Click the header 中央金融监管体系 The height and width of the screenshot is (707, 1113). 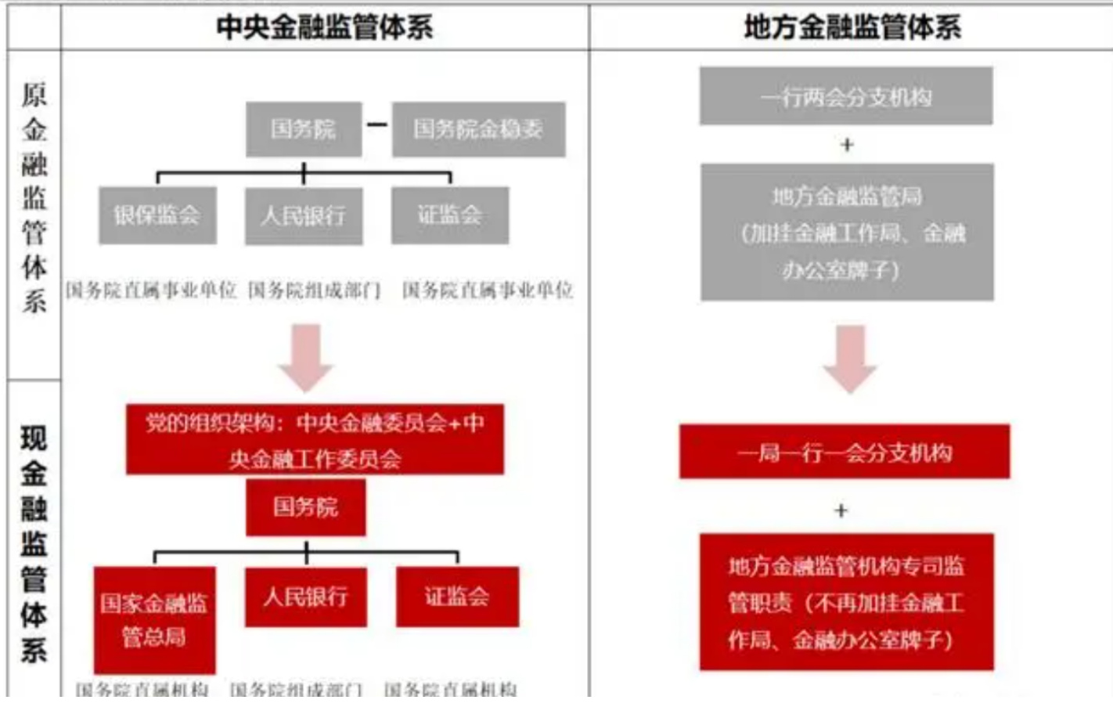(324, 27)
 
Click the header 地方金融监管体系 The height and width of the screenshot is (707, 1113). (852, 27)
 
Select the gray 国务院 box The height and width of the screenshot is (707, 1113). (304, 129)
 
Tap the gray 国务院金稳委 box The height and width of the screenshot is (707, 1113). (478, 129)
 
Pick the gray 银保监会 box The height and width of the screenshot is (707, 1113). (157, 215)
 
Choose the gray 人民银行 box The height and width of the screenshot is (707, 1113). (304, 215)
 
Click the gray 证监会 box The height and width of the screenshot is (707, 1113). (450, 215)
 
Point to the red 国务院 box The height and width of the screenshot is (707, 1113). (305, 507)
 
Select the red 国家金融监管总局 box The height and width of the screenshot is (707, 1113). (154, 619)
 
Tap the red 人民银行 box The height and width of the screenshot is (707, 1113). (305, 597)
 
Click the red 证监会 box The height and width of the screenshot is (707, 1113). (457, 597)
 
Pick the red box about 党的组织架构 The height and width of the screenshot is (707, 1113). (315, 439)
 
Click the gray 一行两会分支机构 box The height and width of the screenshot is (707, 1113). (846, 96)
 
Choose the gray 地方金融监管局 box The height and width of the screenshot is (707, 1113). (847, 233)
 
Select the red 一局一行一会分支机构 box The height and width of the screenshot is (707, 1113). (845, 452)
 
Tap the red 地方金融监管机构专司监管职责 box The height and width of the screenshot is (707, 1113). (846, 602)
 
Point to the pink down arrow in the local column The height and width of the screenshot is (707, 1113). (849, 359)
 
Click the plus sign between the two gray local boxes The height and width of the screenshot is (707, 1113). (847, 145)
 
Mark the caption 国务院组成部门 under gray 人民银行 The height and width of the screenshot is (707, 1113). (314, 290)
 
